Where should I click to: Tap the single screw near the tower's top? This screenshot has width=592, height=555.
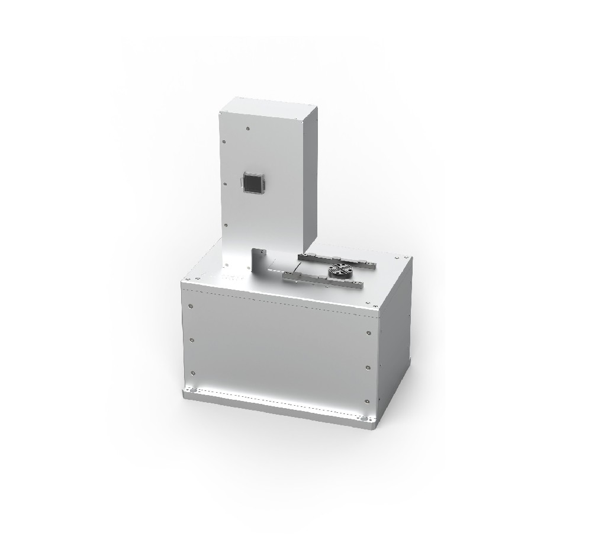click(x=247, y=126)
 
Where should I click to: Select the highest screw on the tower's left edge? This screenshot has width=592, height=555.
click(x=224, y=142)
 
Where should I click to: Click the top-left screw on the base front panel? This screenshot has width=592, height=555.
click(x=190, y=306)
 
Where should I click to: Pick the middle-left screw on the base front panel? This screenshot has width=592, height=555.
click(x=191, y=339)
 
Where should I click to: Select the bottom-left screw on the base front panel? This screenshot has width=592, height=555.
click(x=192, y=372)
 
